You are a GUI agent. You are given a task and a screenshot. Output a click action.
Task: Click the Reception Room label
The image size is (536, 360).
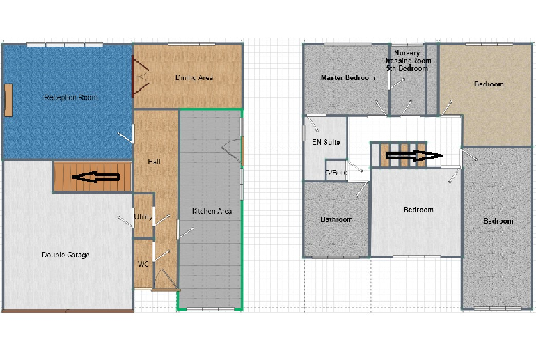coord(70,97)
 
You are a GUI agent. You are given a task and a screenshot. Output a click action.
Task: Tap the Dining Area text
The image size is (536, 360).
coord(194,77)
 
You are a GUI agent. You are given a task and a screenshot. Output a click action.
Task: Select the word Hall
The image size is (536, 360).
coord(155,162)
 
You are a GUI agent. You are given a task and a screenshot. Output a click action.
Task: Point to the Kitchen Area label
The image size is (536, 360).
coord(212,211)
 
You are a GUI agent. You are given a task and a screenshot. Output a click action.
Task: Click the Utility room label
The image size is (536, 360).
coord(143,217)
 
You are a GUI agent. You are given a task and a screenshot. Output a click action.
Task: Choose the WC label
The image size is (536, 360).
coord(143,264)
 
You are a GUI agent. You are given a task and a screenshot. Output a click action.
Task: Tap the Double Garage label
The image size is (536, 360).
coord(65,255)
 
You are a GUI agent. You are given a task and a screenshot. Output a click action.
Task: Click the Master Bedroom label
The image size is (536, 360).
coord(348,77)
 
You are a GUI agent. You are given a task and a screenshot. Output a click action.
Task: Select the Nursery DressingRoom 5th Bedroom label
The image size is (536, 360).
coord(407,61)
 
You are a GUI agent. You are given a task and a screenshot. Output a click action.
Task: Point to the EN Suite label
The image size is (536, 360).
coord(325,142)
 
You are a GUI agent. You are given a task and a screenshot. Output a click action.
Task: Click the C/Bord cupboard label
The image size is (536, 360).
coord(336,173)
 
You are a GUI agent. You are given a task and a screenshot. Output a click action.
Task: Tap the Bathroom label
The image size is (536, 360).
coord(336,219)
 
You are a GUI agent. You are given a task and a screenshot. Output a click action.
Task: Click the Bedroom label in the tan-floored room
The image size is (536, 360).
coord(489,84)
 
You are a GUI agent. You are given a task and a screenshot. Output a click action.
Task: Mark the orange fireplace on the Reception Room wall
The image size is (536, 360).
coord(8,100)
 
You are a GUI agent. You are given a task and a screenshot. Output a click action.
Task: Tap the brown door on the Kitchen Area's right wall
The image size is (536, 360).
coord(243,150)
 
